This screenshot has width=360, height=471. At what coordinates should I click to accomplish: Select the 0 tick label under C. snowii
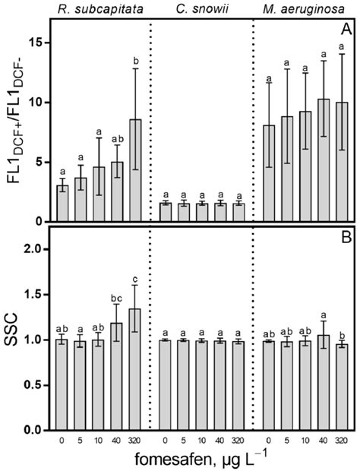pyautogui.click(x=166, y=438)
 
